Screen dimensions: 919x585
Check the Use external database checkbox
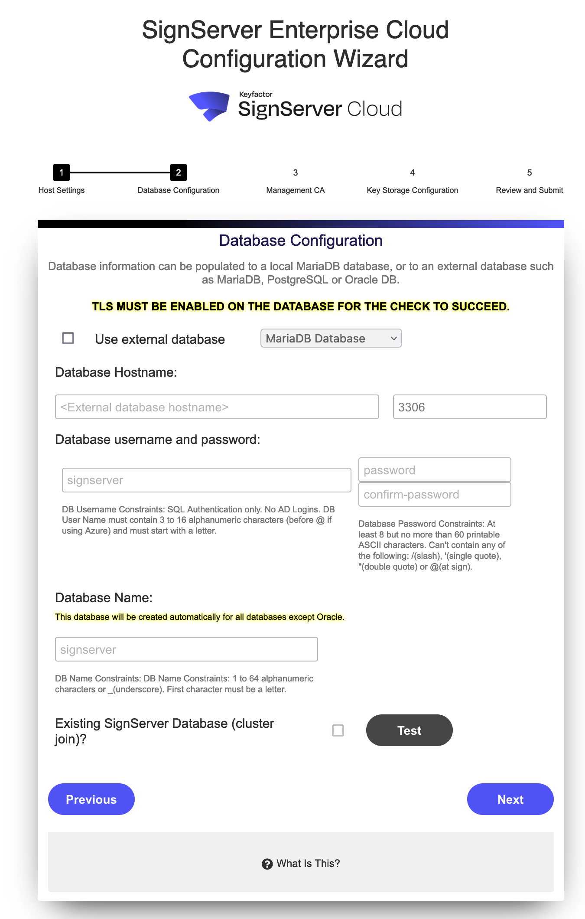(68, 338)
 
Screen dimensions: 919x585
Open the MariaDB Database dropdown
(331, 338)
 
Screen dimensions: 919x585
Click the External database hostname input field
(217, 407)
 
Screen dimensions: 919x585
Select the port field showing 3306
(469, 407)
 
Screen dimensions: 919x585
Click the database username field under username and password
(206, 480)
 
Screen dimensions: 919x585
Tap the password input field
(434, 470)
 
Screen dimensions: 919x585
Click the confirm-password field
(434, 495)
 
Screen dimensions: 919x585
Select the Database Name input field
(186, 649)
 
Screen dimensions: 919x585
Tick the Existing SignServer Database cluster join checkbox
(338, 730)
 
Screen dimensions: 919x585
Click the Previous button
(91, 799)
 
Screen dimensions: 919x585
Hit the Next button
(510, 799)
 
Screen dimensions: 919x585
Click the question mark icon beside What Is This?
(267, 864)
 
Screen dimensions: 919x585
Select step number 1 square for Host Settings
(62, 173)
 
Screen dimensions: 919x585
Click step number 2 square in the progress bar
(179, 173)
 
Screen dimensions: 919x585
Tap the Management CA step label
(296, 190)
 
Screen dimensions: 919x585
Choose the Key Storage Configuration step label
(412, 190)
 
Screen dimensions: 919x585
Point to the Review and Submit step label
(529, 190)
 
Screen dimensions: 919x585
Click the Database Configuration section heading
(301, 241)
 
